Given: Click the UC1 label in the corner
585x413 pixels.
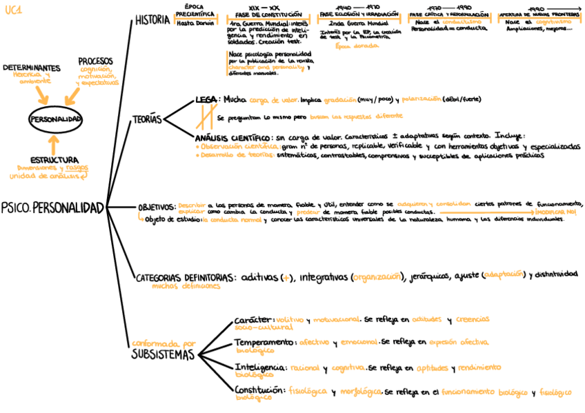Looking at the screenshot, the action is [13, 11].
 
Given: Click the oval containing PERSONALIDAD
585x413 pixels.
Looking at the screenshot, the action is [55, 119].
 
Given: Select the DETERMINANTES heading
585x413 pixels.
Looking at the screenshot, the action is [31, 68].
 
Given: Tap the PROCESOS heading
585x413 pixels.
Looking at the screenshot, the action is [96, 61].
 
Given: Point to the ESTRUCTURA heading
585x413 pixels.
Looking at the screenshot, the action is [54, 159].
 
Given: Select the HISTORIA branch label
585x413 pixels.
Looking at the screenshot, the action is [152, 20].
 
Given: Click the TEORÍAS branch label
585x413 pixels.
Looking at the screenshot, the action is [147, 120].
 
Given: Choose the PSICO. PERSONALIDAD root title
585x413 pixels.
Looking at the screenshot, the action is [52, 208].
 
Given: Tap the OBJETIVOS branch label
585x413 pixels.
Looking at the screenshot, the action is [156, 206].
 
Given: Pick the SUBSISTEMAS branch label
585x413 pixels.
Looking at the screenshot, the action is [163, 355].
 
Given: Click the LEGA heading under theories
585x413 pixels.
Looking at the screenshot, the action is [206, 99].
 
